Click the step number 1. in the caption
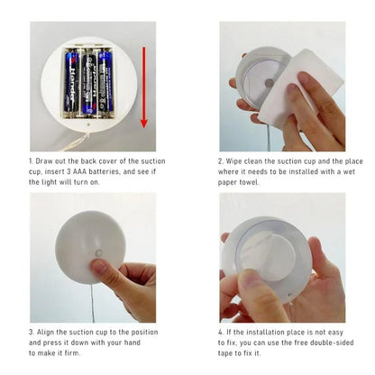click(x=32, y=160)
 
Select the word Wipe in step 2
click(x=237, y=160)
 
